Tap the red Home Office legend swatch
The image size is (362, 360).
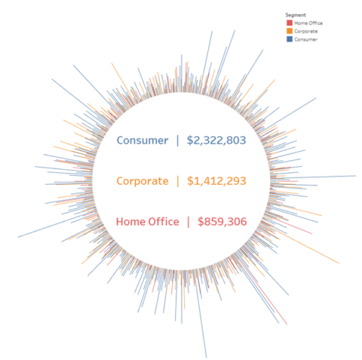pyautogui.click(x=289, y=23)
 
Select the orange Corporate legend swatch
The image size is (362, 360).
pyautogui.click(x=289, y=31)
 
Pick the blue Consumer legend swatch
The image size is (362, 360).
pyautogui.click(x=289, y=39)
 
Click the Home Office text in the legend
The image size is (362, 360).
pyautogui.click(x=305, y=23)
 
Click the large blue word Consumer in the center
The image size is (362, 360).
pyautogui.click(x=142, y=140)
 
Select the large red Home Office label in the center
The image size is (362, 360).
pyautogui.click(x=147, y=222)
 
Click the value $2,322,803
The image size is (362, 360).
pyautogui.click(x=216, y=140)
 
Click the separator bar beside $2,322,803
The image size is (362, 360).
pyautogui.click(x=178, y=140)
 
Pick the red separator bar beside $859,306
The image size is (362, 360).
pyautogui.click(x=189, y=222)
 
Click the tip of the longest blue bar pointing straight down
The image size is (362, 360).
pyautogui.click(x=205, y=355)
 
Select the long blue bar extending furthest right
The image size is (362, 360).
pyautogui.click(x=353, y=176)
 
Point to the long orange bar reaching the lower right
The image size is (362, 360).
pyautogui.click(x=337, y=262)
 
